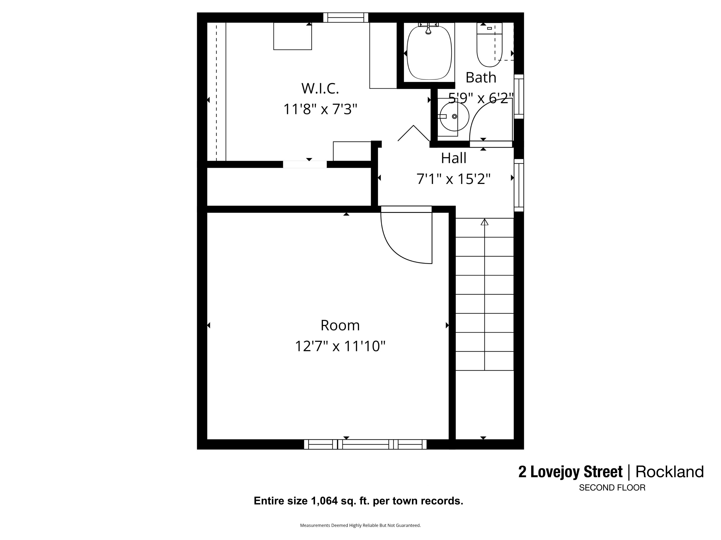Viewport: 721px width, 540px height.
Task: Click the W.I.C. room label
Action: (x=320, y=89)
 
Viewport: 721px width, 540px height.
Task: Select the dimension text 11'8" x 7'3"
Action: (x=320, y=109)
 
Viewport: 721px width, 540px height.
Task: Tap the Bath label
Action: (x=481, y=78)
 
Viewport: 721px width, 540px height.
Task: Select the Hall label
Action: (x=454, y=158)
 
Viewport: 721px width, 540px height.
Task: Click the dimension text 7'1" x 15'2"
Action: (x=454, y=179)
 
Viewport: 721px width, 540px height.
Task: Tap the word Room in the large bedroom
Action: (x=340, y=325)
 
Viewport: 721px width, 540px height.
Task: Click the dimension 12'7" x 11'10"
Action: (x=340, y=346)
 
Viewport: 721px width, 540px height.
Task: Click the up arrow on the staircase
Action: (x=484, y=222)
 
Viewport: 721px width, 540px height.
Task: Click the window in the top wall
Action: (x=346, y=18)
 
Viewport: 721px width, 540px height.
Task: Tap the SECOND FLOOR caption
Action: (x=612, y=488)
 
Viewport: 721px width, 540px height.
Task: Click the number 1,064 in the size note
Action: (x=324, y=501)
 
